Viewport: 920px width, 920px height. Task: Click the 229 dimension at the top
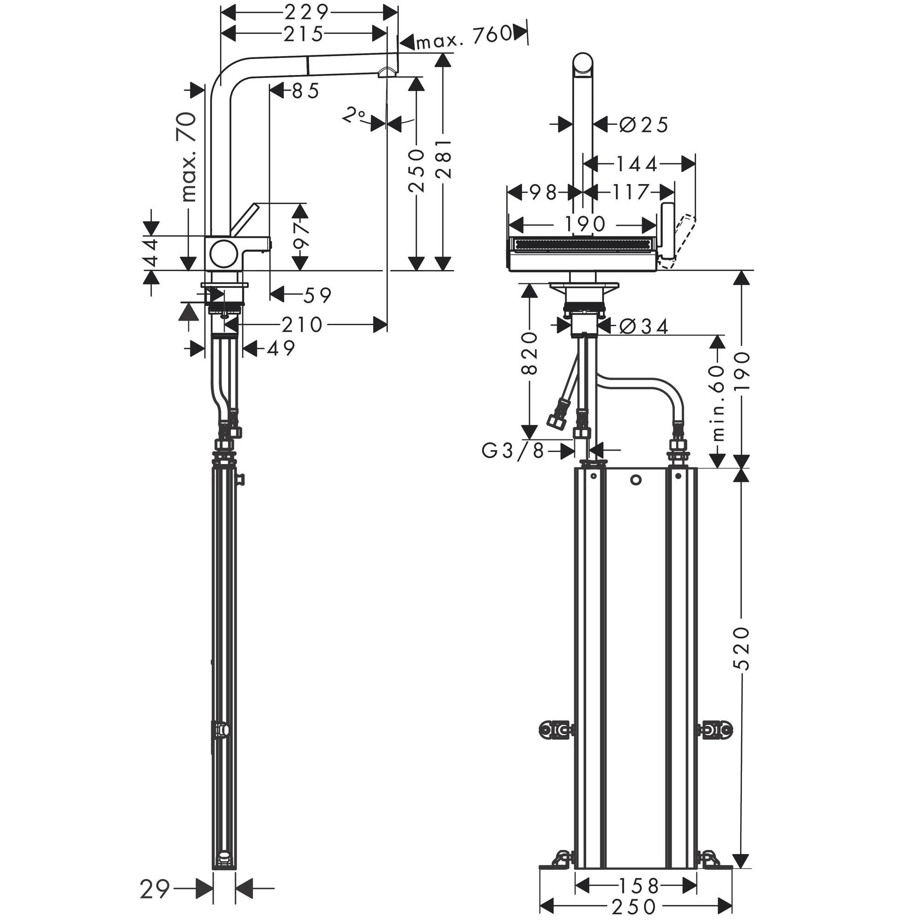pos(307,11)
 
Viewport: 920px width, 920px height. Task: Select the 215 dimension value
pos(303,34)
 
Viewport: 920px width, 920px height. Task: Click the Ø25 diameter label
pos(644,125)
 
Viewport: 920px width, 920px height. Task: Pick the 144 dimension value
pos(637,164)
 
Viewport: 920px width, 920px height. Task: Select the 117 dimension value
pos(631,192)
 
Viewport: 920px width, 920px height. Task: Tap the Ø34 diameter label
pos(644,326)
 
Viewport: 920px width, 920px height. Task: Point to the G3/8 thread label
pos(513,450)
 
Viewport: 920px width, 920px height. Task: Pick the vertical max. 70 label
pos(189,157)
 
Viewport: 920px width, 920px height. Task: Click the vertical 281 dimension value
pos(443,159)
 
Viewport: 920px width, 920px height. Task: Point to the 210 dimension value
pos(302,325)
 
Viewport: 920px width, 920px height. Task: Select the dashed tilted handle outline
pos(681,238)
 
